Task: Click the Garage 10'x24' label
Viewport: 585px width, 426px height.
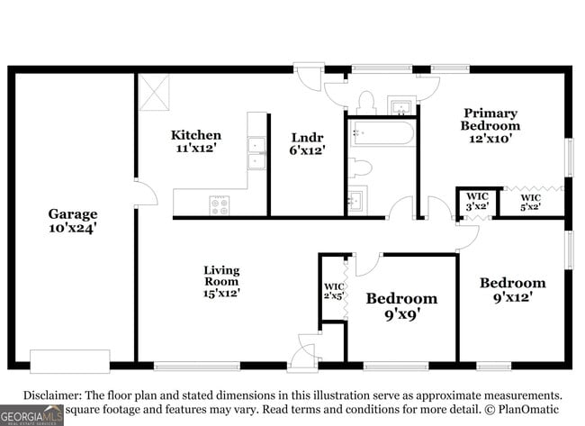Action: tap(72, 221)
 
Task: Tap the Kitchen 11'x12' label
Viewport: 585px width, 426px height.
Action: tap(196, 141)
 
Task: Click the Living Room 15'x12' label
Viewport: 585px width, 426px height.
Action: tap(221, 281)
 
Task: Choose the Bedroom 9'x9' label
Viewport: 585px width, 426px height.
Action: tap(401, 306)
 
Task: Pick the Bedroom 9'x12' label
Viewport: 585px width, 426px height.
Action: tap(512, 289)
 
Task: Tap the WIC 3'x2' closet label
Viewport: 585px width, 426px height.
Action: tap(476, 202)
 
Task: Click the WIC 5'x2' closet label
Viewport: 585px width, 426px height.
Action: tap(531, 203)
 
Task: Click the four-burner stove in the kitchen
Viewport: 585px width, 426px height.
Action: tap(220, 205)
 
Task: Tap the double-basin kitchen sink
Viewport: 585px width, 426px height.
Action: tap(257, 153)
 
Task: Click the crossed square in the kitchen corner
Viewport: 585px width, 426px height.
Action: tap(154, 91)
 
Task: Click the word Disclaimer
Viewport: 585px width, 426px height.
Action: tap(52, 395)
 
